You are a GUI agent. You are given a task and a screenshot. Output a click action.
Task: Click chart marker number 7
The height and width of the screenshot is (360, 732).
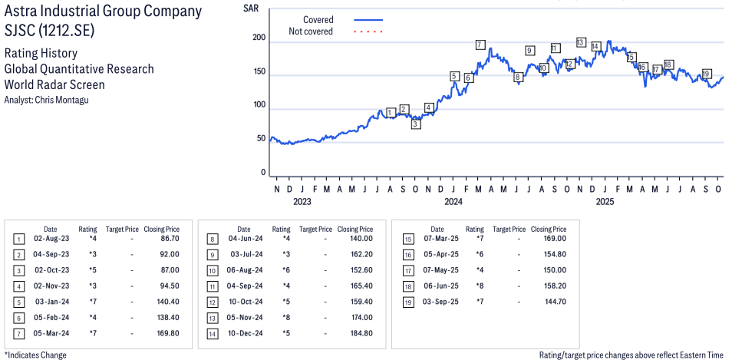click(480, 45)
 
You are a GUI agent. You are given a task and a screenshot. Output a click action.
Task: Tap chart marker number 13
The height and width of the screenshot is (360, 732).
click(580, 42)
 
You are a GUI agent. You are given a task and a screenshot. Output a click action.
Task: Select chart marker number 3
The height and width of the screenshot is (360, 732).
click(415, 124)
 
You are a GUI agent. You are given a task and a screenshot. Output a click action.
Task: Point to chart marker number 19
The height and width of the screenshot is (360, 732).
click(706, 74)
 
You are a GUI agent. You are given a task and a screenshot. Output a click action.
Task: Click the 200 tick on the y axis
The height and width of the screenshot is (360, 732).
click(259, 38)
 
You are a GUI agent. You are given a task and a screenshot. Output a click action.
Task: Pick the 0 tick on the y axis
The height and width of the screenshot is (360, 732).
click(262, 173)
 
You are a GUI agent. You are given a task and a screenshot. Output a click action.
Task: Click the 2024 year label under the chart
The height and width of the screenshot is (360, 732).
click(453, 202)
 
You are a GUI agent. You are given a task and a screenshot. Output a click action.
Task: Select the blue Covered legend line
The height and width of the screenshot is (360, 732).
click(368, 20)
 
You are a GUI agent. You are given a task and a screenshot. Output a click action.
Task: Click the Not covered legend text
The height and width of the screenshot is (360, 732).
click(311, 31)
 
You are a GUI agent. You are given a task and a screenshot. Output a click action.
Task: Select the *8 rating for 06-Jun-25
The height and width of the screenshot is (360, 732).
click(475, 286)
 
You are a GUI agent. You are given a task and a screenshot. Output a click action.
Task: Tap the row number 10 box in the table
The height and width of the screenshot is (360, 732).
click(213, 271)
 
